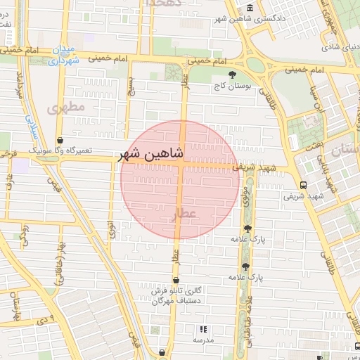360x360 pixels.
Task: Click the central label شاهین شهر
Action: pyautogui.click(x=153, y=153)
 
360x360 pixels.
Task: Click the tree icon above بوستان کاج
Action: pyautogui.click(x=232, y=75)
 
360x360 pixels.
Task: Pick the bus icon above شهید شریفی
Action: pyautogui.click(x=303, y=185)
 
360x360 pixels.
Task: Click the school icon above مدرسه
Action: pyautogui.click(x=203, y=329)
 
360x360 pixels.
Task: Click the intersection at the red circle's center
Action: pyautogui.click(x=180, y=169)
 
